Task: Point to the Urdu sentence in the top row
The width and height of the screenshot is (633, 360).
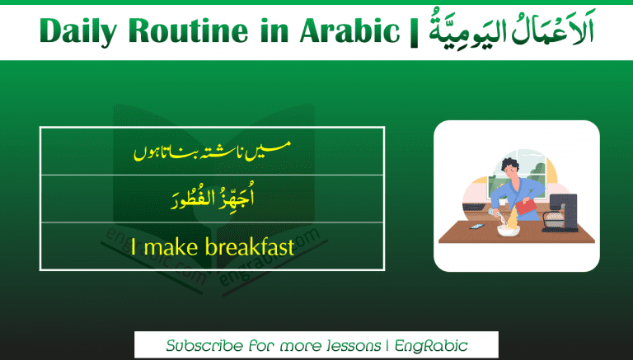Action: click(212, 151)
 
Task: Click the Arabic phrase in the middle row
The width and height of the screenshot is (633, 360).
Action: click(212, 199)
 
